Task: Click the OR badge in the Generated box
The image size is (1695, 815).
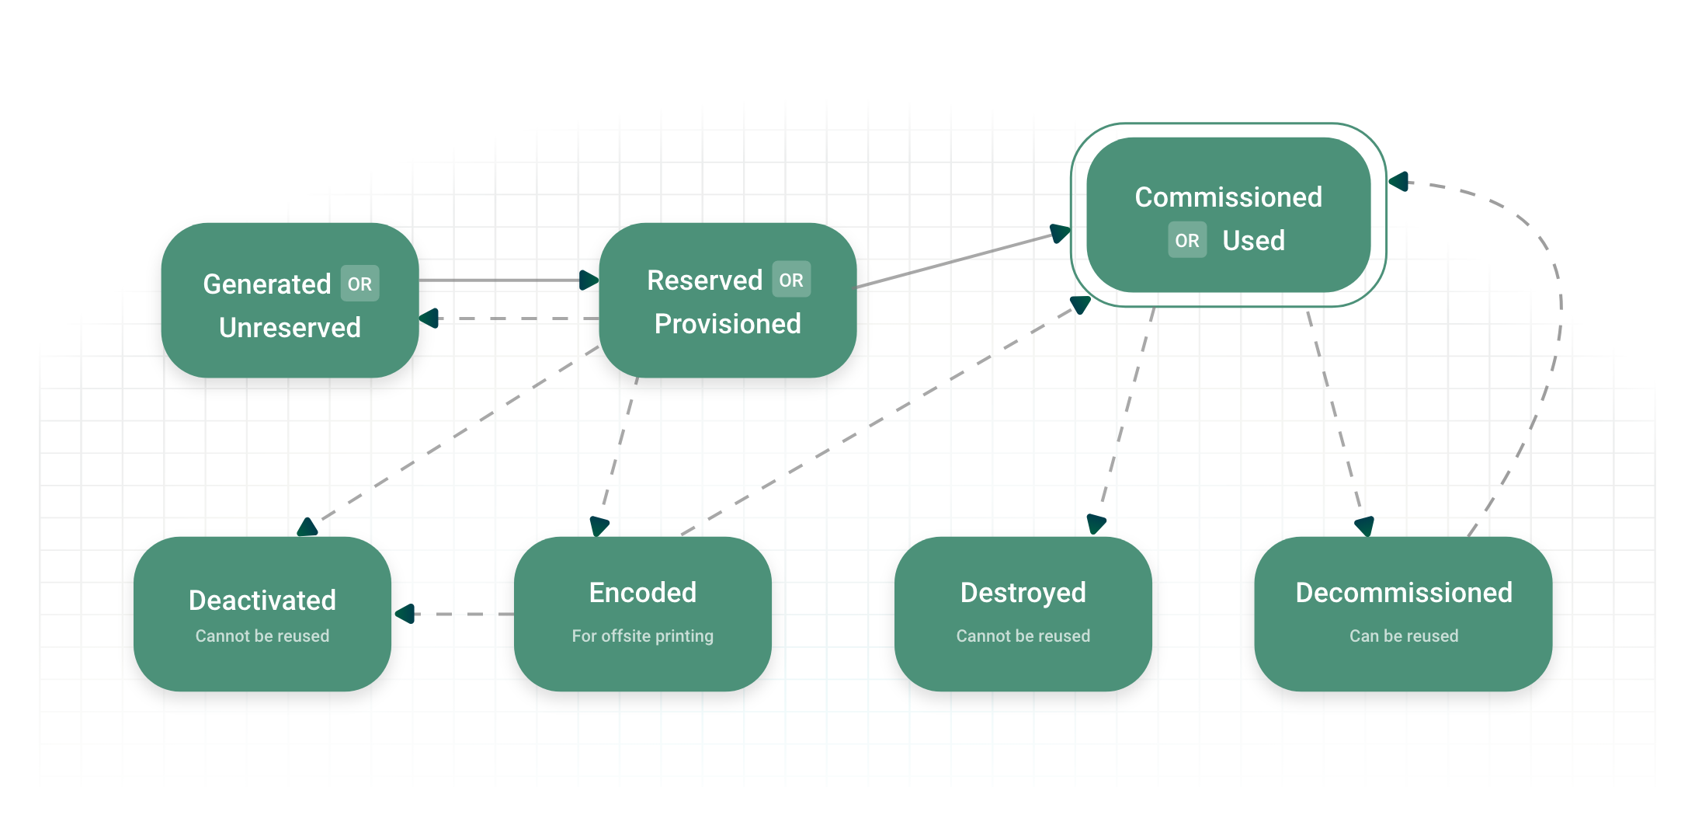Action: point(359,284)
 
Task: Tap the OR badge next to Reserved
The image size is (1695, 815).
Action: point(791,280)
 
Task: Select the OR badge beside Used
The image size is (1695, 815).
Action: point(1186,240)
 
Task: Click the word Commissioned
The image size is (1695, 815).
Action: point(1228,197)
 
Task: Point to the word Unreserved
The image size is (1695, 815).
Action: point(290,327)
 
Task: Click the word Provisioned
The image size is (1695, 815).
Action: point(728,323)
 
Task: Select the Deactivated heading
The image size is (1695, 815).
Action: point(262,600)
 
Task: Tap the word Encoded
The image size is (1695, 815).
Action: point(643,592)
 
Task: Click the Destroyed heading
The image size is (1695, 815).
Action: point(1023,592)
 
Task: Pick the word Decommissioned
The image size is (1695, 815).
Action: point(1403,592)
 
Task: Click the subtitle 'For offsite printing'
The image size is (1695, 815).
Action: point(642,636)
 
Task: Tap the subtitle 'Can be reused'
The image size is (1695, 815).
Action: point(1403,636)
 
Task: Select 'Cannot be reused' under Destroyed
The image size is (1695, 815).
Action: point(1023,636)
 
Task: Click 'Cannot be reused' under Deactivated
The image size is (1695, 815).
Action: point(262,636)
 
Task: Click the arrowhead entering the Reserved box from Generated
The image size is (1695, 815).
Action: point(589,280)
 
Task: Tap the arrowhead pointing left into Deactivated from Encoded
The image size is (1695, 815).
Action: point(405,614)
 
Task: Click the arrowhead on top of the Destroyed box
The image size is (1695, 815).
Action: point(1096,524)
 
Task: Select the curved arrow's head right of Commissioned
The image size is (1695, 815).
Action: point(1399,182)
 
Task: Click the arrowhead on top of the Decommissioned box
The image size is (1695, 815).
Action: point(1365,527)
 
